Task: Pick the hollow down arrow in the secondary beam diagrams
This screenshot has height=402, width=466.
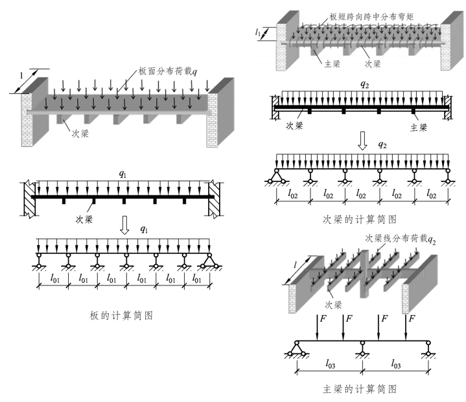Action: pyautogui.click(x=363, y=144)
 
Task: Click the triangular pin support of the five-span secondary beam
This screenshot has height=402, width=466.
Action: pyautogui.click(x=277, y=175)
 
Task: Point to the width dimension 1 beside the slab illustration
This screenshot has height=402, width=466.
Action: pyautogui.click(x=21, y=75)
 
